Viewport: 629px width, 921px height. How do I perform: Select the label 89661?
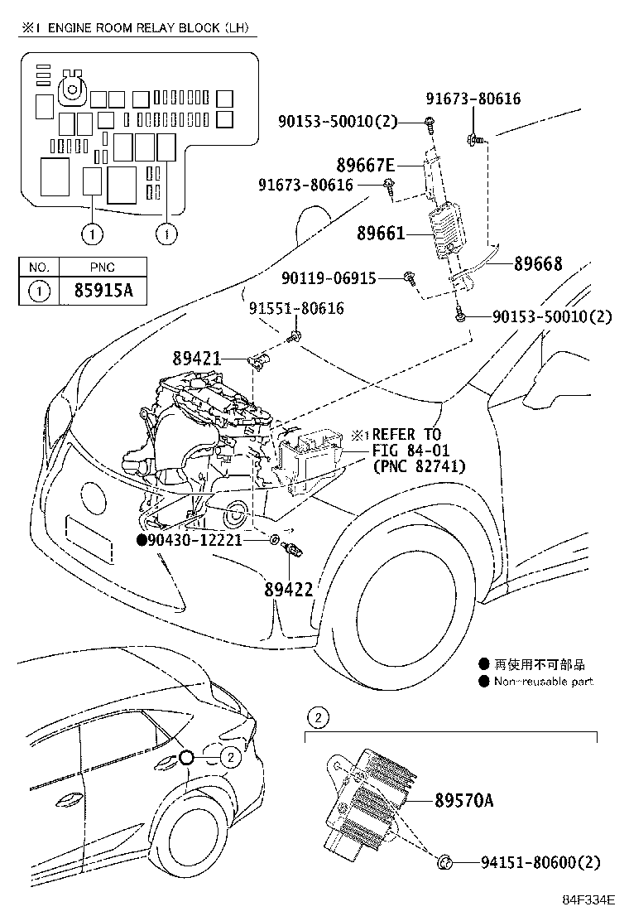381,234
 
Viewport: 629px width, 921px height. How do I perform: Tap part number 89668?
537,264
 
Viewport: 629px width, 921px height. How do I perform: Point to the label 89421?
197,359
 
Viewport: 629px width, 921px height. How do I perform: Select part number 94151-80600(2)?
540,863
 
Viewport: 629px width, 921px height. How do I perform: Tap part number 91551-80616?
296,309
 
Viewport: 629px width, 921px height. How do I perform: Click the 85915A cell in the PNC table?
104,291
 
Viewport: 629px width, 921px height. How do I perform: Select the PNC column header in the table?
104,267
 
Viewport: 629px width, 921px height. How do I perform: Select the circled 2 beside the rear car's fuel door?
231,755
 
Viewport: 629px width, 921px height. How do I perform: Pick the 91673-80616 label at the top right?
473,99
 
